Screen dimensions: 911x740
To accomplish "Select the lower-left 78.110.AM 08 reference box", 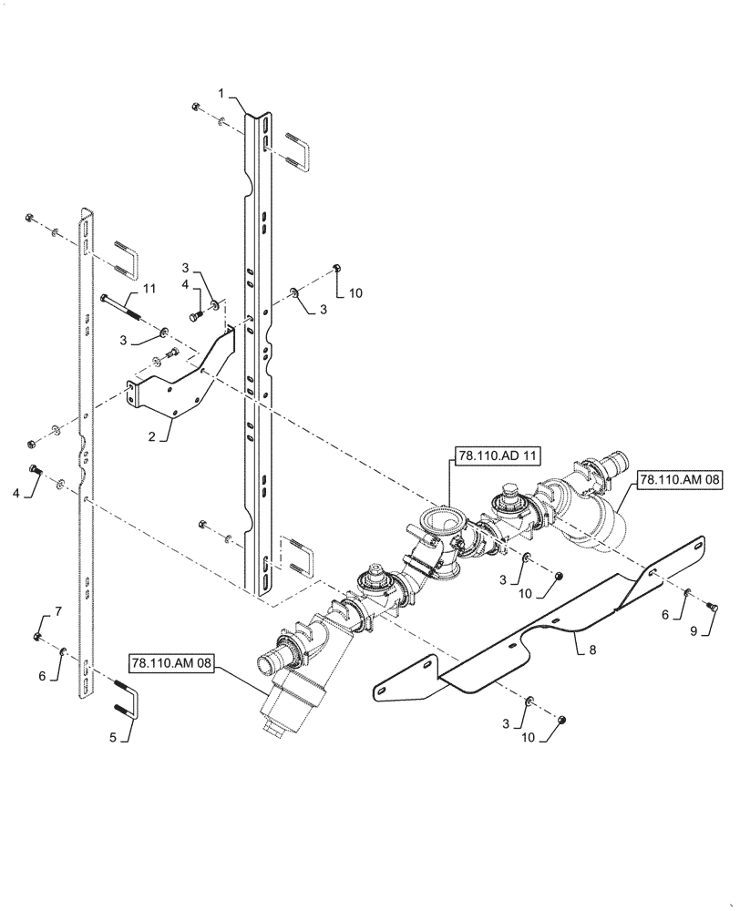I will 170,664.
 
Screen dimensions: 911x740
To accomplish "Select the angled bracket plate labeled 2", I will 182,374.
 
